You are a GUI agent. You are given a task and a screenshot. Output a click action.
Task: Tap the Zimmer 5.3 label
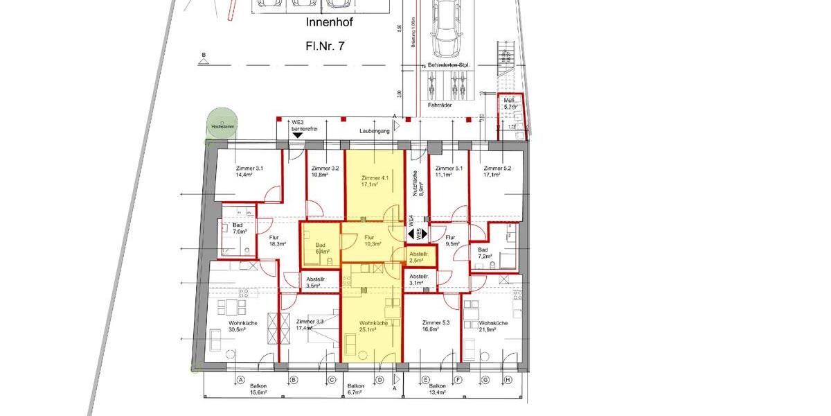click(436, 326)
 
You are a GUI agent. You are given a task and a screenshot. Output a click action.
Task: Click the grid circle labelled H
click(508, 380)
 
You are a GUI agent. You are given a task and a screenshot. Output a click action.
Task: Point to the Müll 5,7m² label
click(510, 103)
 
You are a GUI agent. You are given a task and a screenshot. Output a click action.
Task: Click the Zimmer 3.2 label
click(325, 172)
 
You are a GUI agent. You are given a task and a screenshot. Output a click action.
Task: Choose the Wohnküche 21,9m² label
click(493, 326)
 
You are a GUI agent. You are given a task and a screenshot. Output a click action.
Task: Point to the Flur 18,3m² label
click(277, 241)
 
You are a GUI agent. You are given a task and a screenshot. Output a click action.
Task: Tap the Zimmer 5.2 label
click(497, 172)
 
